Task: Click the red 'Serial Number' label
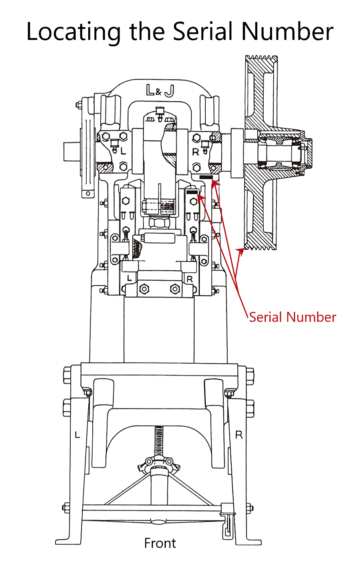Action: (292, 317)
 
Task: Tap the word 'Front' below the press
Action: (160, 543)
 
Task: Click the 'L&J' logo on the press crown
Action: (160, 91)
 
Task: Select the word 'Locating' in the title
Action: (73, 32)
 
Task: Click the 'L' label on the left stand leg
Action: (78, 434)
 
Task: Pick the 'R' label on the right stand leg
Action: (239, 435)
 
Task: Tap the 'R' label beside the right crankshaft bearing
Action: (195, 152)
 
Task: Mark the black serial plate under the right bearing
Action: (206, 177)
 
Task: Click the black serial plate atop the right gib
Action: (192, 192)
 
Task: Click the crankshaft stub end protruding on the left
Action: (72, 152)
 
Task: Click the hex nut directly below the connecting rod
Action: (159, 222)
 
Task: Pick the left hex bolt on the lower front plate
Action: (144, 288)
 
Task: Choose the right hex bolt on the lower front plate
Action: (175, 288)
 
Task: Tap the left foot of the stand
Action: (68, 541)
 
